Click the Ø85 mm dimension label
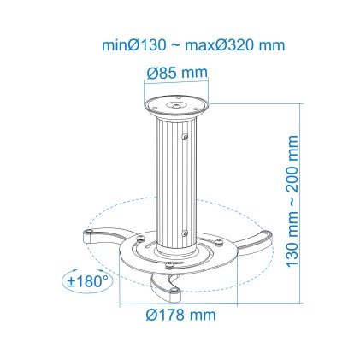coord(178,74)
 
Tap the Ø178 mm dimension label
coord(180,316)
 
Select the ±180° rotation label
coord(87,280)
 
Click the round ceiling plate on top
coord(178,108)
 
